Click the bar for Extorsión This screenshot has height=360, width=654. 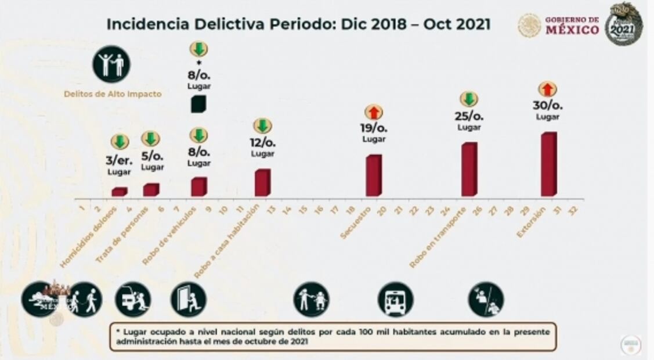pos(548,165)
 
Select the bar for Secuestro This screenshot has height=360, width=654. pos(374,175)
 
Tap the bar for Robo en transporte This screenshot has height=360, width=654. pos(469,170)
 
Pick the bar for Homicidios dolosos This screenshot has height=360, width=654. pos(119,192)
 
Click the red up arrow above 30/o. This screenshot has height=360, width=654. pos(547,89)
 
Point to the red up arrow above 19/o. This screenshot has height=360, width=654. pos(374,113)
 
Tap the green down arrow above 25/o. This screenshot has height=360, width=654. pos(469,99)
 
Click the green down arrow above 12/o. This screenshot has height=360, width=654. pos(263,126)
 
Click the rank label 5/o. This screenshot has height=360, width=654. pos(152,156)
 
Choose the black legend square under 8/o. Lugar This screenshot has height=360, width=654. pos(198,104)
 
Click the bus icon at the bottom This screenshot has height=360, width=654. pos(395,300)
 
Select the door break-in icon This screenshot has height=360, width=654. pos(188,300)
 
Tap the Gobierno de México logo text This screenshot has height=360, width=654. pos(572,26)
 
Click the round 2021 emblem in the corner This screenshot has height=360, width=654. pos(624,24)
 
